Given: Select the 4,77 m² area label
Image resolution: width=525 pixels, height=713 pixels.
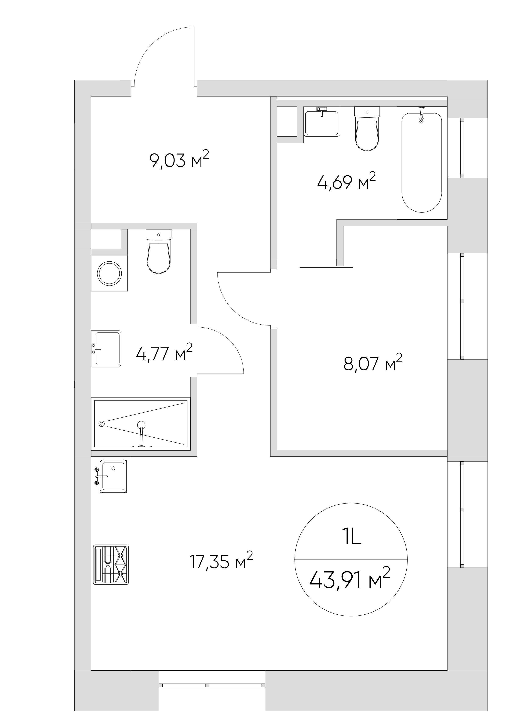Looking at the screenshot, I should point(164,353).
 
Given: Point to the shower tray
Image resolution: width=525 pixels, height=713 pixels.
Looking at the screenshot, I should point(141,423).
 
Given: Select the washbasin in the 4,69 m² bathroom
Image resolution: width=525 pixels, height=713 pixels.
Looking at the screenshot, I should point(322,121).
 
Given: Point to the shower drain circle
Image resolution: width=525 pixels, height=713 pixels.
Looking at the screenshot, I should point(102,423).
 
